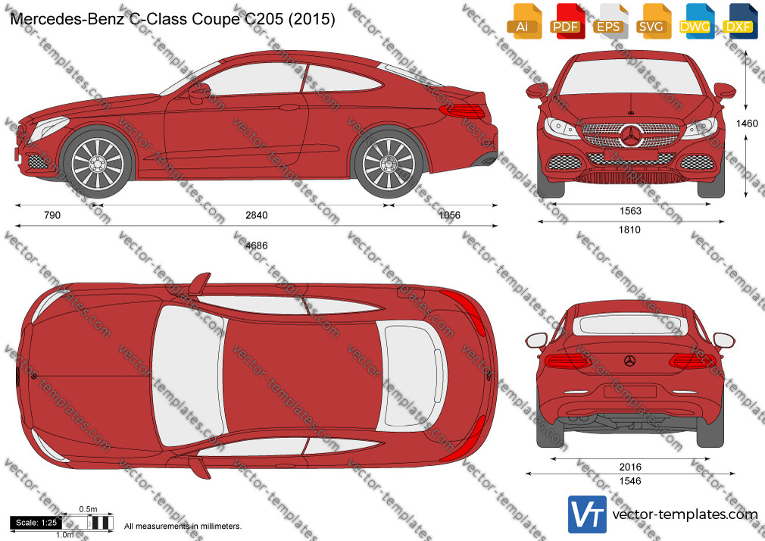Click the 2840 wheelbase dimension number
[257, 215]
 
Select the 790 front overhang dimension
[52, 215]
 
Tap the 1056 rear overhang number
[449, 215]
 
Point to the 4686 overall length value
[257, 245]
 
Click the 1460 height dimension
[747, 124]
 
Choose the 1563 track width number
[630, 211]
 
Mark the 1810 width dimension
[630, 230]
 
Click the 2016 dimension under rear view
[630, 467]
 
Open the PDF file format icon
[566, 21]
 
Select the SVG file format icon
[652, 21]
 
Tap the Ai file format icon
[523, 21]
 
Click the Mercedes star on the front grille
[632, 136]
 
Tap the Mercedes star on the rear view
[630, 361]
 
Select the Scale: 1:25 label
[36, 523]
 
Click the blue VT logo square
[588, 514]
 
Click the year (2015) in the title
[312, 19]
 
